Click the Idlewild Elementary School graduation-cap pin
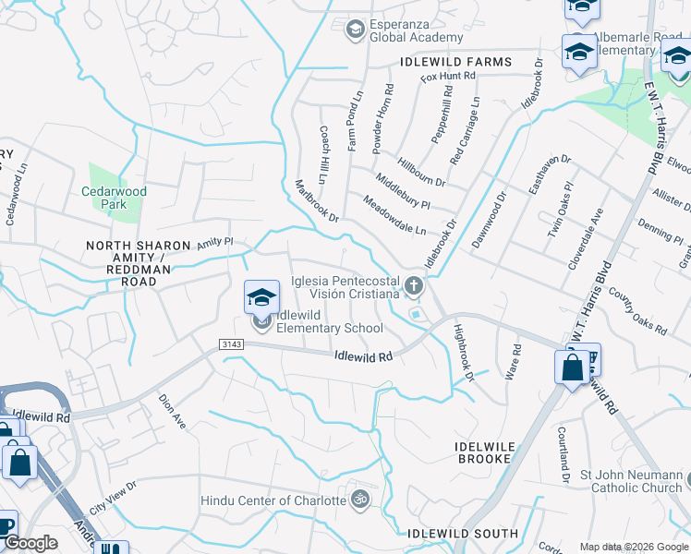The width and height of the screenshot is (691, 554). [261, 298]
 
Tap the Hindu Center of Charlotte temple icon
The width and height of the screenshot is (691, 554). [359, 500]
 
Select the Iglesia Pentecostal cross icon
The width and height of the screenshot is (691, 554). [413, 286]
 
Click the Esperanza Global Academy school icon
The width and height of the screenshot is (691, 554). [354, 30]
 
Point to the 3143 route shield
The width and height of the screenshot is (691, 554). [231, 343]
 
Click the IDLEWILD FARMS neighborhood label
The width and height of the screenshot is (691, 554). [455, 62]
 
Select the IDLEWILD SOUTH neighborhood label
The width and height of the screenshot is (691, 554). [463, 534]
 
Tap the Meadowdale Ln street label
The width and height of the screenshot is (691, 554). [394, 215]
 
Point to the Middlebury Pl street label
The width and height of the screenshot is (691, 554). [403, 189]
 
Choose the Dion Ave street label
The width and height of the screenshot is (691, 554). [173, 412]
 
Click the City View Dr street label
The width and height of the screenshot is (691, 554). [113, 497]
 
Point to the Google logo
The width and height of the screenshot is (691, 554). [30, 544]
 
